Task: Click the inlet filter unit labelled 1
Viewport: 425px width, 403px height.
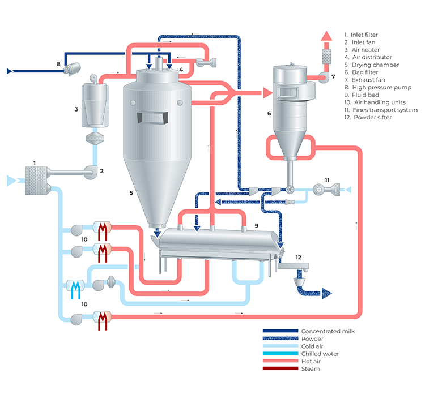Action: click(x=37, y=180)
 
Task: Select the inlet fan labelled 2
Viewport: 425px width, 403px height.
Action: click(x=91, y=172)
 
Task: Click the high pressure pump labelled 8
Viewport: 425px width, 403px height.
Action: click(x=72, y=68)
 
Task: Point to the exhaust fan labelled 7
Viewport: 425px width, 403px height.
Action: click(x=324, y=77)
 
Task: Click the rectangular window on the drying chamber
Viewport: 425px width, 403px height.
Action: click(x=152, y=118)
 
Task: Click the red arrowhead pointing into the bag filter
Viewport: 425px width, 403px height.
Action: click(x=268, y=93)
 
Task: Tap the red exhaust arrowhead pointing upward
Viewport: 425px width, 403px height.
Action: click(x=326, y=36)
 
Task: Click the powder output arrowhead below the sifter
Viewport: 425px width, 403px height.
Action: click(x=326, y=294)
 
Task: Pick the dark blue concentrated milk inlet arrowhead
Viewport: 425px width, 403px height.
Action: click(x=10, y=71)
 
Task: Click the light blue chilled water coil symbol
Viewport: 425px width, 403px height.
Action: click(x=75, y=289)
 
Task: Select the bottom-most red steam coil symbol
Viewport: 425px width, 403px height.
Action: click(x=103, y=321)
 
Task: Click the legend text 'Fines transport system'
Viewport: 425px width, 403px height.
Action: click(x=385, y=110)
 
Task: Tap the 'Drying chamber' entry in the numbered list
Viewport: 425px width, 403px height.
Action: click(x=375, y=65)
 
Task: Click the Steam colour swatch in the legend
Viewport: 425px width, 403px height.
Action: click(x=280, y=368)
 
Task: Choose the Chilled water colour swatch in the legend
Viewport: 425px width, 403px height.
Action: click(x=280, y=353)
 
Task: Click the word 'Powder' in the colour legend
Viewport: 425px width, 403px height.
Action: click(x=312, y=338)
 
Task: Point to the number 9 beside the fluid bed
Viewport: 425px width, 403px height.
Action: click(x=256, y=226)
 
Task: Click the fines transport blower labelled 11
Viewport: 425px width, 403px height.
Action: click(x=326, y=190)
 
